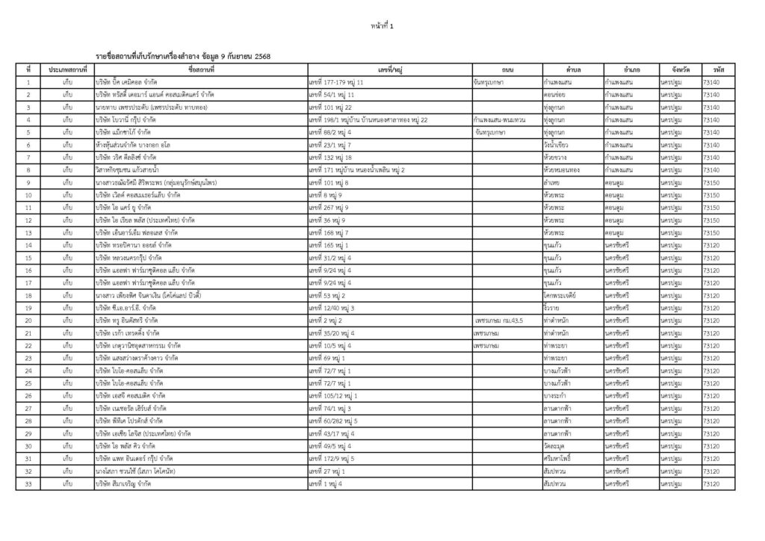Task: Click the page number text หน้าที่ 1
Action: tap(382, 26)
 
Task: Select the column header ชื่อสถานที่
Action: tap(201, 69)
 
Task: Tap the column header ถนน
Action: tap(507, 69)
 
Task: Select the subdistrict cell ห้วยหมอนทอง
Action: tap(564, 170)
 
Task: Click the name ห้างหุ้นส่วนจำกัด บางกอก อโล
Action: tap(134, 145)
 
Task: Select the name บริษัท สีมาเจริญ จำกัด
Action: tap(124, 484)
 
